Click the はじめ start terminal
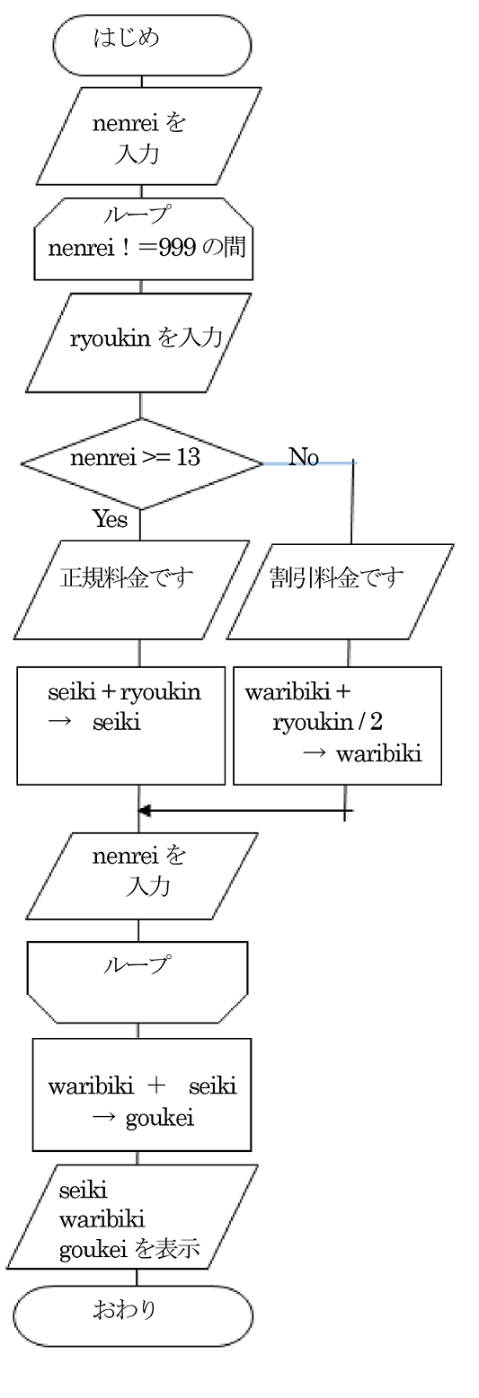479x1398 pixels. click(x=153, y=45)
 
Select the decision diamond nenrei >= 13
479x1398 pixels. click(x=142, y=463)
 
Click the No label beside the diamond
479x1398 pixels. click(x=304, y=457)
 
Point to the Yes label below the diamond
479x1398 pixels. click(x=110, y=519)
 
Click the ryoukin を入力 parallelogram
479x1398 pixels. click(x=138, y=343)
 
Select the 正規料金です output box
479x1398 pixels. click(x=132, y=590)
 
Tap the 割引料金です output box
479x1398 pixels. click(x=340, y=592)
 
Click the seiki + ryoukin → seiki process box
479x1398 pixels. click(x=120, y=725)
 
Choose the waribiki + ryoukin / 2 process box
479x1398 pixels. click(x=337, y=725)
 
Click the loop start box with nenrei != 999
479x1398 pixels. click(x=143, y=239)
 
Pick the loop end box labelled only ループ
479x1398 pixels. click(x=137, y=982)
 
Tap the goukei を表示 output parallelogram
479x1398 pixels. click(x=132, y=1217)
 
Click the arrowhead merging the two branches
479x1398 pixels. click(x=145, y=811)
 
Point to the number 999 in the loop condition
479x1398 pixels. click(x=177, y=248)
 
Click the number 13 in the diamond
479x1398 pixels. click(x=188, y=457)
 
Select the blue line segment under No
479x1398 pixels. click(x=309, y=463)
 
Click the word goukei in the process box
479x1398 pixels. click(x=160, y=1119)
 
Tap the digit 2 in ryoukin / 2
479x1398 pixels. click(x=376, y=722)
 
